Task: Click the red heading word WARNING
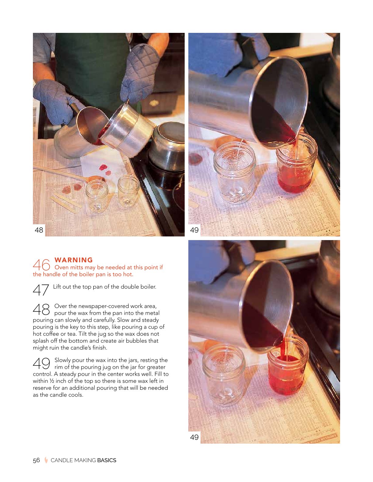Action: (x=73, y=260)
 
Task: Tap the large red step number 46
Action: (x=41, y=265)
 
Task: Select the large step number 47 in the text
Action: (x=41, y=290)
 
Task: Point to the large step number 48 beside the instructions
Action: (x=41, y=309)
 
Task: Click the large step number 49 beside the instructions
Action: (x=41, y=363)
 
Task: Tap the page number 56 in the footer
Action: (x=37, y=460)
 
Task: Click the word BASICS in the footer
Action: (x=107, y=460)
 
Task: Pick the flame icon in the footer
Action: (x=46, y=460)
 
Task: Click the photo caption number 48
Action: (x=39, y=230)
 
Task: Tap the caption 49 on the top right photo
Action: (x=194, y=230)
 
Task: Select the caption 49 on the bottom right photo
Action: (x=194, y=437)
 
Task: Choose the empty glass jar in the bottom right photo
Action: (x=224, y=375)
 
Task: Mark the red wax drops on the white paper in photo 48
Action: (x=105, y=169)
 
